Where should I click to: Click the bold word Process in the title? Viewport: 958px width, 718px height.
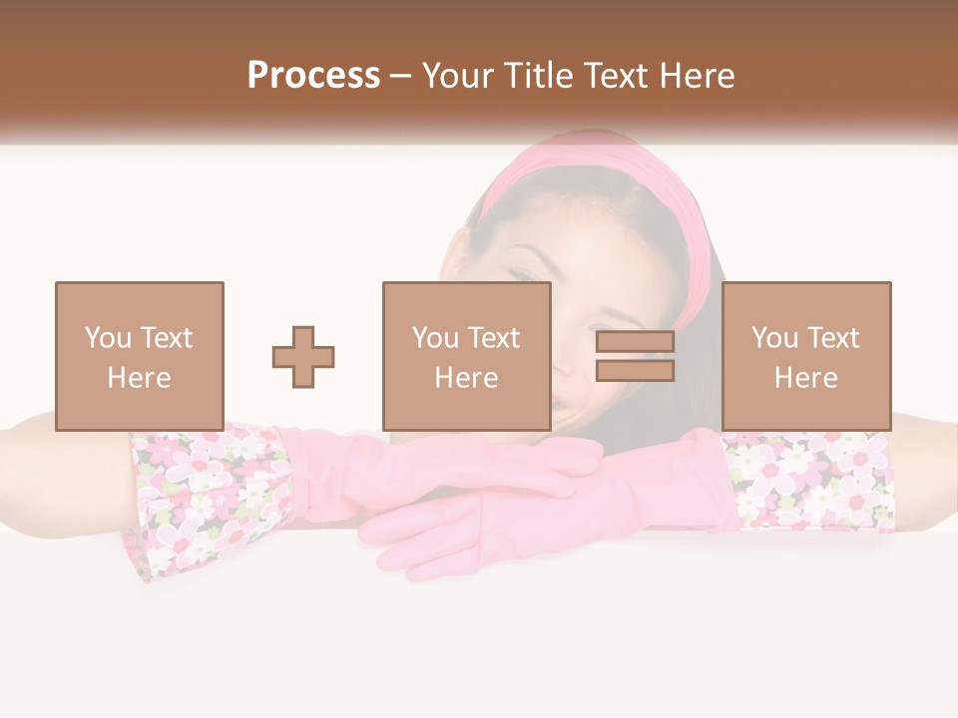pyautogui.click(x=313, y=76)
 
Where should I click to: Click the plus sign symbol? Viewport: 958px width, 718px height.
pyautogui.click(x=303, y=357)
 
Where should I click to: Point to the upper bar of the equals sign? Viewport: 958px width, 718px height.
pyautogui.click(x=635, y=342)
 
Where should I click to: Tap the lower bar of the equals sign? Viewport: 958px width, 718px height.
pyautogui.click(x=635, y=371)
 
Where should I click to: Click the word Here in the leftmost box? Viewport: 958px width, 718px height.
pyautogui.click(x=139, y=378)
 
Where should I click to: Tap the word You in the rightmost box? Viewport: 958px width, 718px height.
pyautogui.click(x=774, y=338)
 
